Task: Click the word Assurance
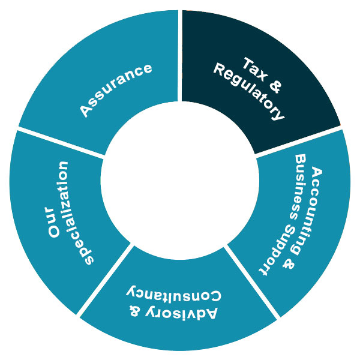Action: pyautogui.click(x=116, y=90)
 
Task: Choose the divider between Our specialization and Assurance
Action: pyautogui.click(x=60, y=142)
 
